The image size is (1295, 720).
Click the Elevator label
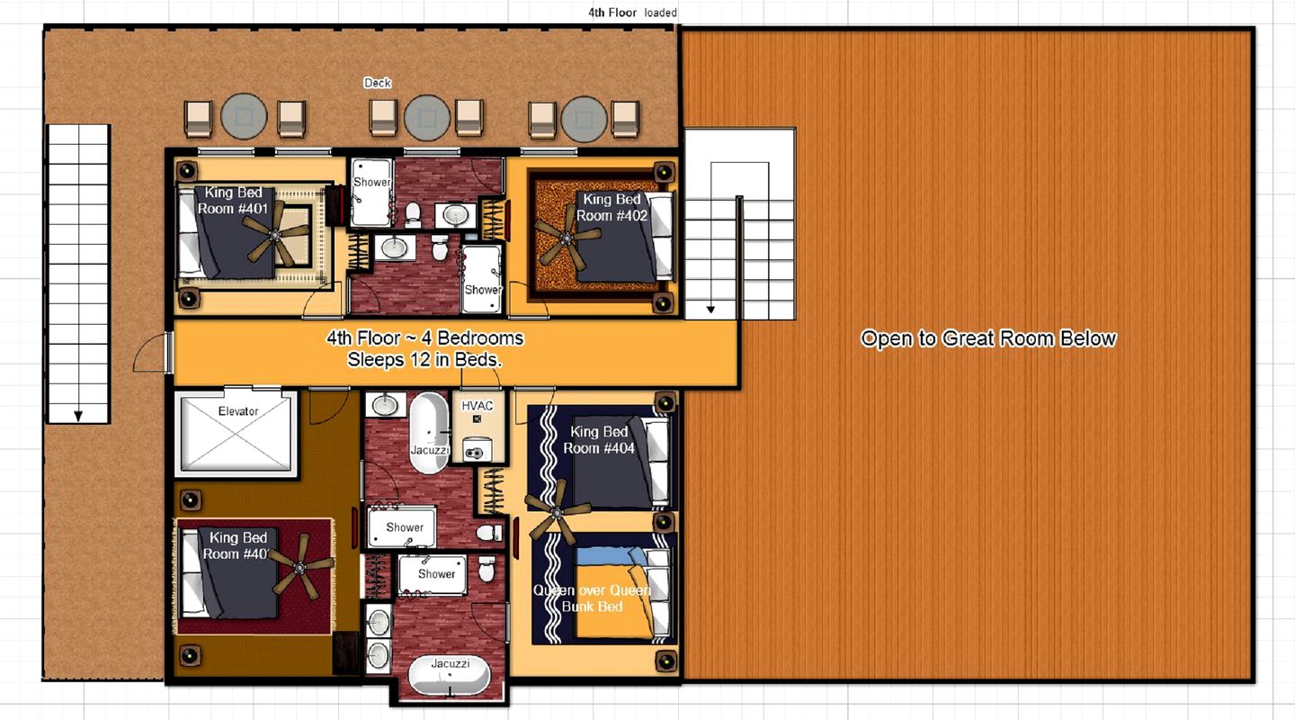click(238, 411)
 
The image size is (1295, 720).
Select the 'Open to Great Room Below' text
click(988, 339)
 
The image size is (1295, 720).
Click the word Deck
click(378, 83)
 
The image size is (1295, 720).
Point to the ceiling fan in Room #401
click(279, 232)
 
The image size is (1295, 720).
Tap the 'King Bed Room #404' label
click(599, 440)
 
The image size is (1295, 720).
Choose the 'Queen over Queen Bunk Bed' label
click(592, 598)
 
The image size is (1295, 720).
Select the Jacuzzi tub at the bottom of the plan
click(450, 674)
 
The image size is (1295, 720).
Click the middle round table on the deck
click(427, 117)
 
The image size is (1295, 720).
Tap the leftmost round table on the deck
click(245, 117)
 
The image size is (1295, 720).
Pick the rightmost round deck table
click(585, 119)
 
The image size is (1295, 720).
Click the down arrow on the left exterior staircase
click(78, 415)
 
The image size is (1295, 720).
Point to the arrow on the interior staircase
click(710, 310)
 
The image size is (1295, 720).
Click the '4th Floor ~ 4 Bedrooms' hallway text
click(424, 339)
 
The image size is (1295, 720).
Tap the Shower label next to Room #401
click(371, 182)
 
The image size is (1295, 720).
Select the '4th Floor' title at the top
click(612, 13)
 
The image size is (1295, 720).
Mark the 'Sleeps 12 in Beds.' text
click(424, 359)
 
